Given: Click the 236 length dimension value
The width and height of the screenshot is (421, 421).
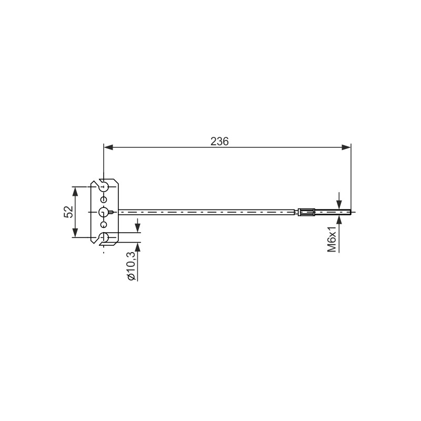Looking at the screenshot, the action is (219, 142).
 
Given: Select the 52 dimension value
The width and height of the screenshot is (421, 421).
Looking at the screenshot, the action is (68, 212).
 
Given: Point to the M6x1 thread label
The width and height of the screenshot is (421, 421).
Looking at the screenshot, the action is (332, 239).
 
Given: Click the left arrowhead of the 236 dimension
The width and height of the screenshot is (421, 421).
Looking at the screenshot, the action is (108, 147).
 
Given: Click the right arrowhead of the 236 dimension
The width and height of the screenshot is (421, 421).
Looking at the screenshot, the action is (346, 147).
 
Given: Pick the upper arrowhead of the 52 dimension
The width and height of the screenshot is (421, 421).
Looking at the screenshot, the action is (75, 192).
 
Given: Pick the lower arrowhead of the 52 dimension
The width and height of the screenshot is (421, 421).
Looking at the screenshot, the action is (75, 233).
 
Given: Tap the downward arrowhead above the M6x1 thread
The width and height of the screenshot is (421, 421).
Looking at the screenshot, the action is (339, 205).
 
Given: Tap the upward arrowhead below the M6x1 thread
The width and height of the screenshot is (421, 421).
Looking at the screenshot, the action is (339, 220).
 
